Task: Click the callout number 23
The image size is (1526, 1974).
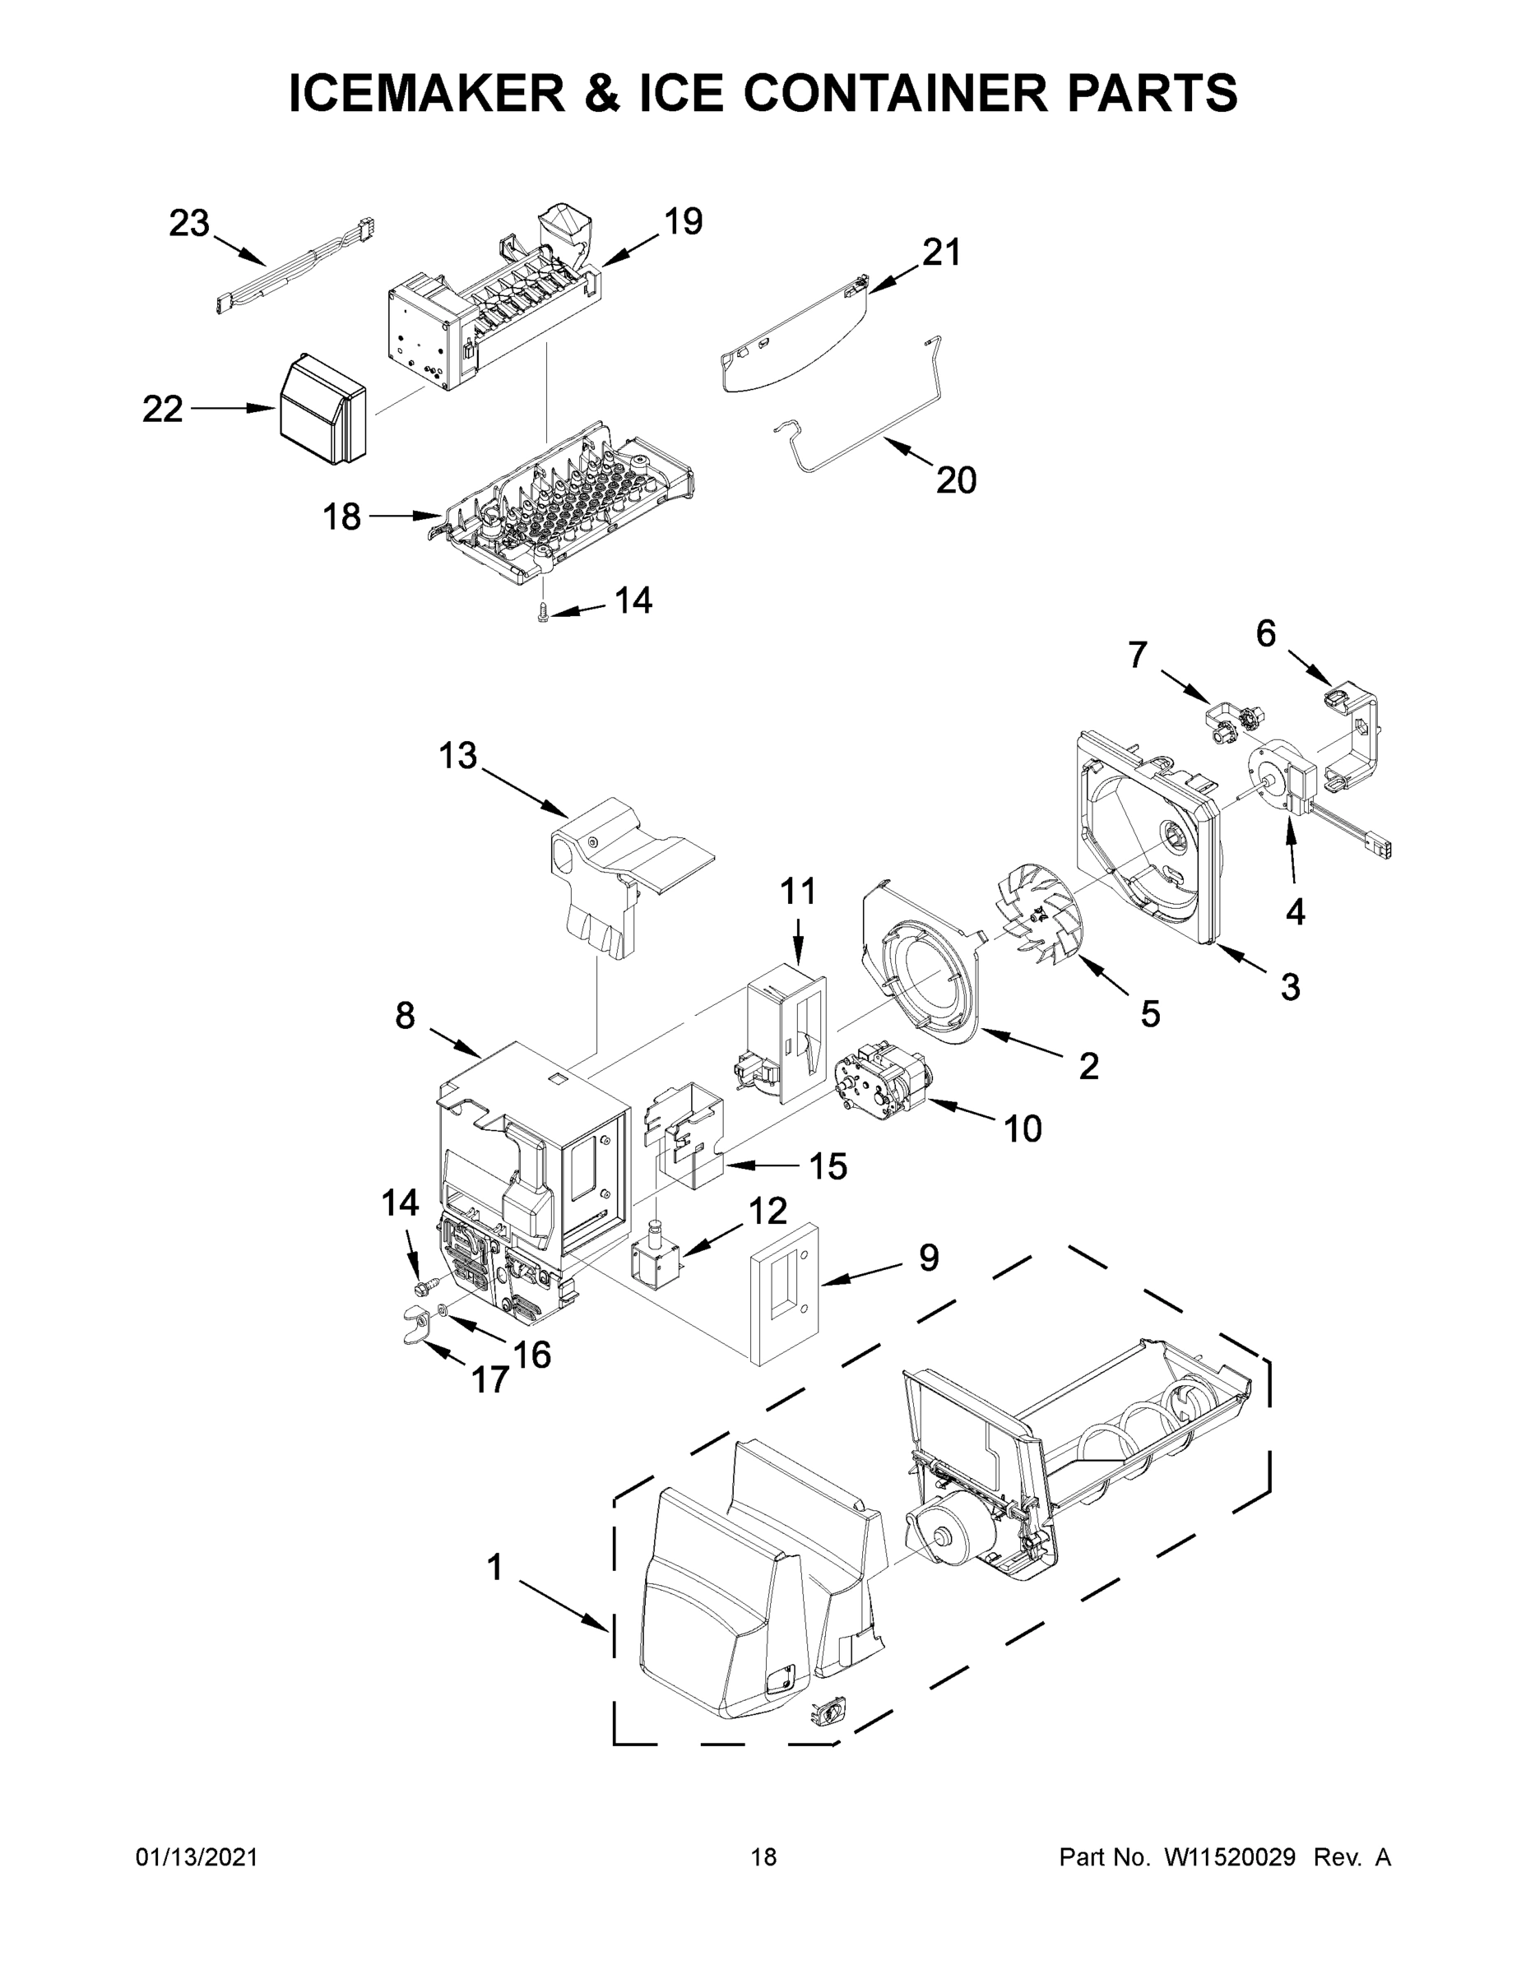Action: pos(189,223)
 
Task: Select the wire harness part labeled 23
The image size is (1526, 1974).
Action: pos(294,267)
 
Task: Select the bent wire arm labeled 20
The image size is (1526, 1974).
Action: pos(859,424)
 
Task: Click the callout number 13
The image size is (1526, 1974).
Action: pos(457,755)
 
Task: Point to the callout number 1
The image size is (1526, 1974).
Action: pos(494,1567)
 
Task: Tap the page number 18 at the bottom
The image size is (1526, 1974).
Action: pos(763,1857)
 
